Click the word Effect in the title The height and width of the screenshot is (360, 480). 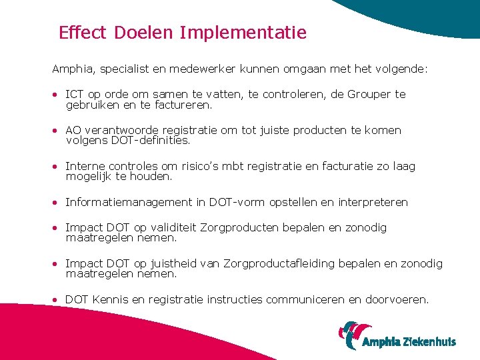pyautogui.click(x=83, y=33)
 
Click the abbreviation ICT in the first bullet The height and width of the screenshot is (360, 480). pyautogui.click(x=75, y=95)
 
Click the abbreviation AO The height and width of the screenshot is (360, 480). pyautogui.click(x=73, y=131)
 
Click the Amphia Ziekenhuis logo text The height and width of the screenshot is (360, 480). pyautogui.click(x=409, y=342)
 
